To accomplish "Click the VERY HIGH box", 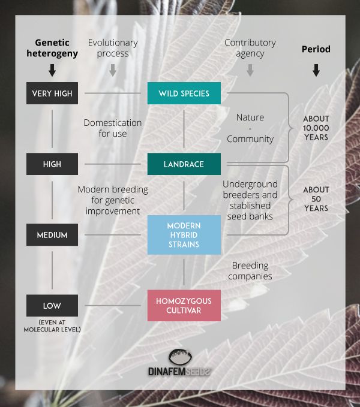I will pos(52,94).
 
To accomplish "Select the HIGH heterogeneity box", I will pos(52,164).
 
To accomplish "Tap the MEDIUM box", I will pos(52,235).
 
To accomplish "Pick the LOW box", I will pos(52,306).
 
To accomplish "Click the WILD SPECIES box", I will pos(184,94).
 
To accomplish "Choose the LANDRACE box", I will pos(184,164).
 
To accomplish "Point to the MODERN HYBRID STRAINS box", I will pos(184,235).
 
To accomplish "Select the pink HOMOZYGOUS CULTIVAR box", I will pos(184,306).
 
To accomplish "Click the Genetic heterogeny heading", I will pos(52,48).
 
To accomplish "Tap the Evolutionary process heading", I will pos(113,48).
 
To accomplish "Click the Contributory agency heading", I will pos(250,48).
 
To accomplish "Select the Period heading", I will pos(316,49).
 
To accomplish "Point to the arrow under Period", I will pos(316,70).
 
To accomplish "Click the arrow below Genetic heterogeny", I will pos(52,70).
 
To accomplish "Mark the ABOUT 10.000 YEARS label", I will pos(316,128).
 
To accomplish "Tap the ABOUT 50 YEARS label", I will pos(316,198).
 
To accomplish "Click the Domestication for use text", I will pos(113,128).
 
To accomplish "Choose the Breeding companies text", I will pos(250,271).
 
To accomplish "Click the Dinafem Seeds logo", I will pos(180,363).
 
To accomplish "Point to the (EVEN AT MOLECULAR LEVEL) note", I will pos(52,326).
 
